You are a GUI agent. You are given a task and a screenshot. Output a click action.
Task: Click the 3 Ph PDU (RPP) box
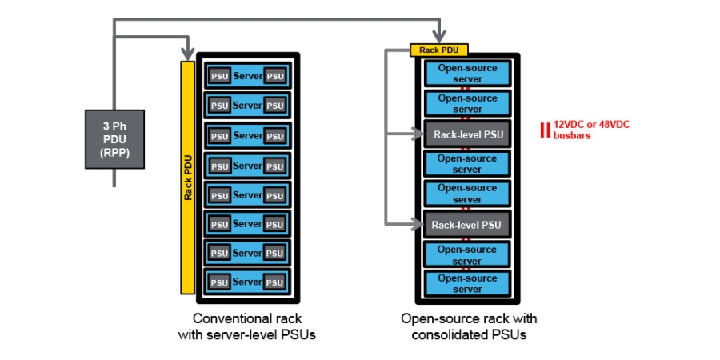click(x=115, y=139)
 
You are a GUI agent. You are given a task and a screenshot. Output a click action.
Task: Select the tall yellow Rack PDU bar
click(x=189, y=177)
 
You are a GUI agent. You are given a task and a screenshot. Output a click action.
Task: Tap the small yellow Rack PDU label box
click(x=438, y=50)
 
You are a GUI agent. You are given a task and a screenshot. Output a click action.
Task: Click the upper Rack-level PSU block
click(x=468, y=134)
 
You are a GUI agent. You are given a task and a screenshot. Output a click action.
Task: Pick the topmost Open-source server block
click(x=468, y=74)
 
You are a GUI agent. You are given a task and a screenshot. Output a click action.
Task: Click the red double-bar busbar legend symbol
click(x=546, y=130)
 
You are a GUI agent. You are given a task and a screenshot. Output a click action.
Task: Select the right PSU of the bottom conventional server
click(x=274, y=282)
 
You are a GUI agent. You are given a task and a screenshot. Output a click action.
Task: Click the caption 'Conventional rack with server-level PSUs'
click(x=247, y=326)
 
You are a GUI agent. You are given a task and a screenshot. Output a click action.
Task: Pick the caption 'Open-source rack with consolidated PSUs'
click(x=469, y=326)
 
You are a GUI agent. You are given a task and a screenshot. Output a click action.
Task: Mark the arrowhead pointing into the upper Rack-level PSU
click(x=418, y=135)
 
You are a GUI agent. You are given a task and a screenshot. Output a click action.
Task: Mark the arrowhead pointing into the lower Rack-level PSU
click(x=418, y=225)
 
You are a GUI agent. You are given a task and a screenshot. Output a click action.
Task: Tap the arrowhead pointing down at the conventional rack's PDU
click(x=189, y=52)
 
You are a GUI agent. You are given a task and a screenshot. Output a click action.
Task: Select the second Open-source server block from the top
click(x=468, y=104)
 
